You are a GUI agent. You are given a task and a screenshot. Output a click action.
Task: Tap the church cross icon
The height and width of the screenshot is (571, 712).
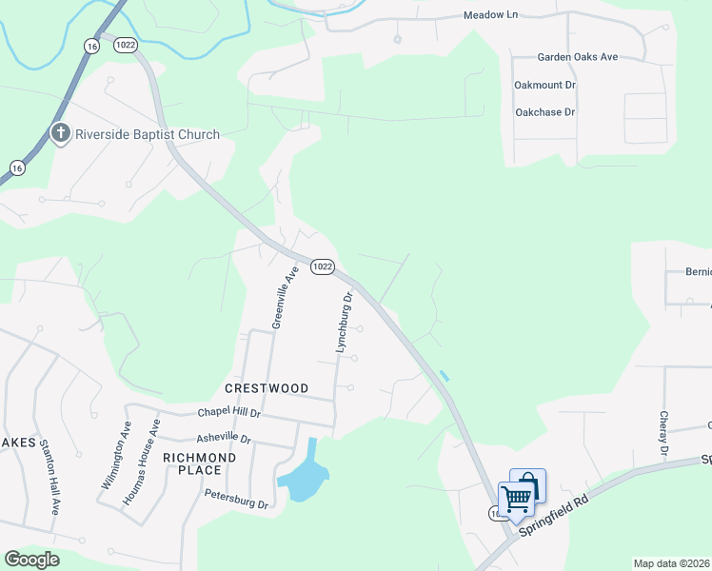60,133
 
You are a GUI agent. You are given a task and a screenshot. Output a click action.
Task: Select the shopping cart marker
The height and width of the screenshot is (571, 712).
517,497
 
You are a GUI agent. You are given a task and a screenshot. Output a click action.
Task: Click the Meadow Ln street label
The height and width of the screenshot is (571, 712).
489,16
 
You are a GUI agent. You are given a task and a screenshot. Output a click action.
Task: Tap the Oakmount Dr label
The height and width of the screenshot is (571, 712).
545,85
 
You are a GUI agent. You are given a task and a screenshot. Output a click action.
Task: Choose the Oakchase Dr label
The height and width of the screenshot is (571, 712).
545,112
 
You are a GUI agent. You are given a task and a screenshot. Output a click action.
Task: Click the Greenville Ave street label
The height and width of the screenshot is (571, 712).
286,297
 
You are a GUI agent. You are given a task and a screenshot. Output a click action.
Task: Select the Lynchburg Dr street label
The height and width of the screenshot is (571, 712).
345,323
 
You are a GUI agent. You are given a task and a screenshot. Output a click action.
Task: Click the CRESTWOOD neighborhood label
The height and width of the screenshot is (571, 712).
267,388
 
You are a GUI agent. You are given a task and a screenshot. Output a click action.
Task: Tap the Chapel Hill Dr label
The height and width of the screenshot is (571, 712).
228,413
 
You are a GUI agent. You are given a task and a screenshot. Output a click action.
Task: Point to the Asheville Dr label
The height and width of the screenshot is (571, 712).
223,440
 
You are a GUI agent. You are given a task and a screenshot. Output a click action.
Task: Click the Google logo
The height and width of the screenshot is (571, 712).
31,560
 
